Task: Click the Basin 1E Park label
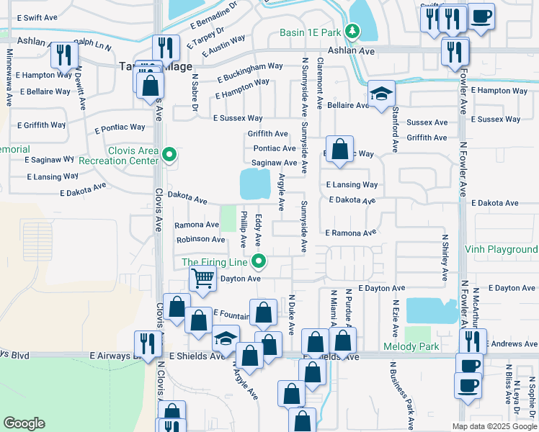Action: (310, 32)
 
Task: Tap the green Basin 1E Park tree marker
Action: (352, 31)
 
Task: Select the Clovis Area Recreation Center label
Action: (132, 156)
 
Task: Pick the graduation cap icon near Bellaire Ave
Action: (381, 94)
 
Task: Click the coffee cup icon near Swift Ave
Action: (481, 16)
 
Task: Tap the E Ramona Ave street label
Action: (351, 233)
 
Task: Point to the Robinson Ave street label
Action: (200, 239)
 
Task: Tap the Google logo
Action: (24, 423)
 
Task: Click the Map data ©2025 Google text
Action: (494, 426)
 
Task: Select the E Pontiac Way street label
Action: (120, 130)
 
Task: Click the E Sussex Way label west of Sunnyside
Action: (237, 118)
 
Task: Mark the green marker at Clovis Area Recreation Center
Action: (169, 153)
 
